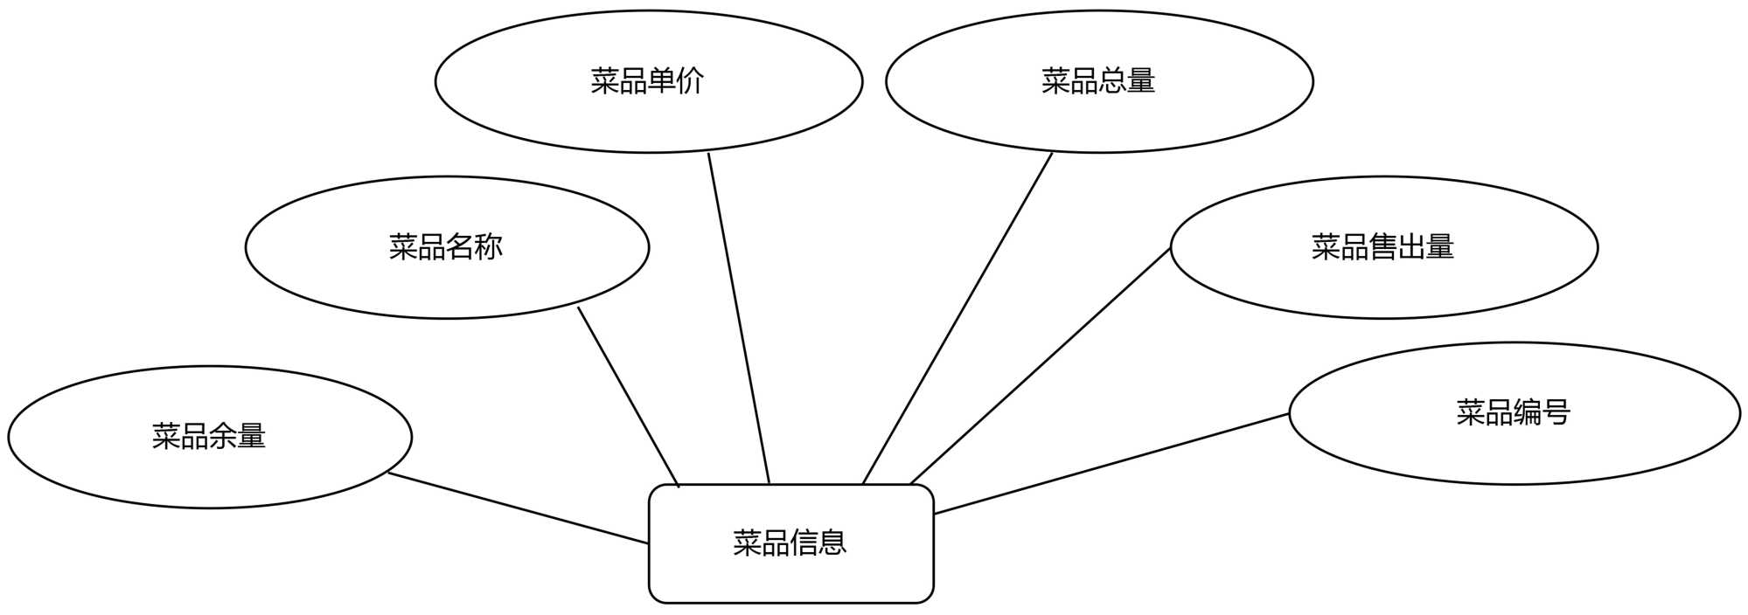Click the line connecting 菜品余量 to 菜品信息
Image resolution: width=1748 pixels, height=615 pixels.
[x=518, y=508]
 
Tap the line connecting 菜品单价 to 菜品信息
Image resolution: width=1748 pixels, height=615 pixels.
[x=739, y=318]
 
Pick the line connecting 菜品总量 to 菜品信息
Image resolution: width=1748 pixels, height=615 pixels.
[x=958, y=318]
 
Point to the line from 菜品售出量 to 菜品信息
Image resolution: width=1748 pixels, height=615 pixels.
[x=1041, y=366]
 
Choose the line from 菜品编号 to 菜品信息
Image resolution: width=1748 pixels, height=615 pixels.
[x=1111, y=464]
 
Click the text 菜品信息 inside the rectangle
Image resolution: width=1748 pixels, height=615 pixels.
[x=790, y=542]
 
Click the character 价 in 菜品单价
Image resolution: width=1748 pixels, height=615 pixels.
[x=691, y=80]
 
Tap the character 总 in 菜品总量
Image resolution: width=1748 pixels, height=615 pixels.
[x=1112, y=80]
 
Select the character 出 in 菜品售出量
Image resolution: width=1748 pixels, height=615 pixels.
[x=1410, y=246]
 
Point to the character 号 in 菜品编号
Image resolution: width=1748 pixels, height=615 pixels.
[x=1556, y=411]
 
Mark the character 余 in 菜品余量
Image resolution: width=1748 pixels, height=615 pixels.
[x=223, y=435]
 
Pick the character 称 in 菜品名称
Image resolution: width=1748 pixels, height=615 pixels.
[x=489, y=246]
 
